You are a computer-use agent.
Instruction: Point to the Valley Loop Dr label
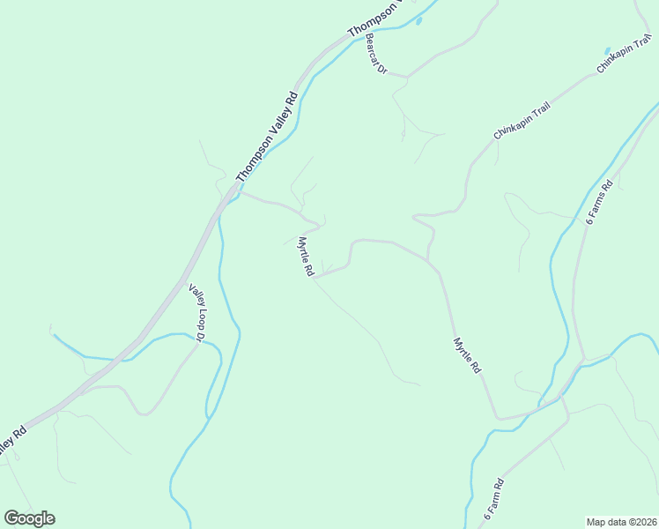coord(196,312)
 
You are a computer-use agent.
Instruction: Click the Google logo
coord(29,518)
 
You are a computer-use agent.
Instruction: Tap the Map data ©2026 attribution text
coord(621,521)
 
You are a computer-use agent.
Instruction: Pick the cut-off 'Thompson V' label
coord(374,19)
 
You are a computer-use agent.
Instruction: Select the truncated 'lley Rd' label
coord(11,440)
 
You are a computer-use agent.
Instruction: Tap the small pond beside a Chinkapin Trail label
coord(605,50)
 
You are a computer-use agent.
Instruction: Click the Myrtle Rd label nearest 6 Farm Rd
coord(467,354)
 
